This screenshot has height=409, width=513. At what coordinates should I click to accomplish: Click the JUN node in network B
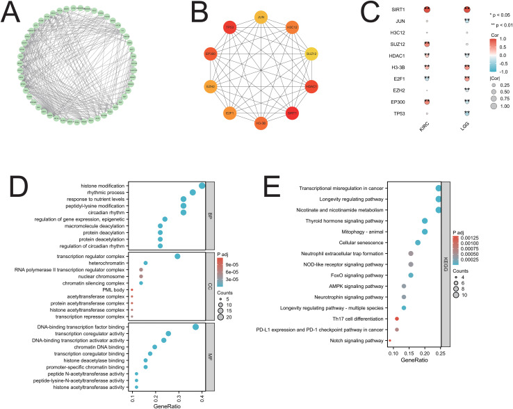(x=261, y=16)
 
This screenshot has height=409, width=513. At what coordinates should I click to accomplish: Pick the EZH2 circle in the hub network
(x=210, y=87)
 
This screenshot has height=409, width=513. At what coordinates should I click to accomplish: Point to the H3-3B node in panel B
(x=261, y=123)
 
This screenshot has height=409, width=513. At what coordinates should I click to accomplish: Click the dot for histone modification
(x=202, y=186)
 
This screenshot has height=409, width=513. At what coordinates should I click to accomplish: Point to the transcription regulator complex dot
(x=177, y=257)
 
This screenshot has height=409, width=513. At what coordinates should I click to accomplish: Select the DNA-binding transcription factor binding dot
(x=195, y=327)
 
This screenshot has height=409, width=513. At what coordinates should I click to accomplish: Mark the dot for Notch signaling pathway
(x=390, y=341)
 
